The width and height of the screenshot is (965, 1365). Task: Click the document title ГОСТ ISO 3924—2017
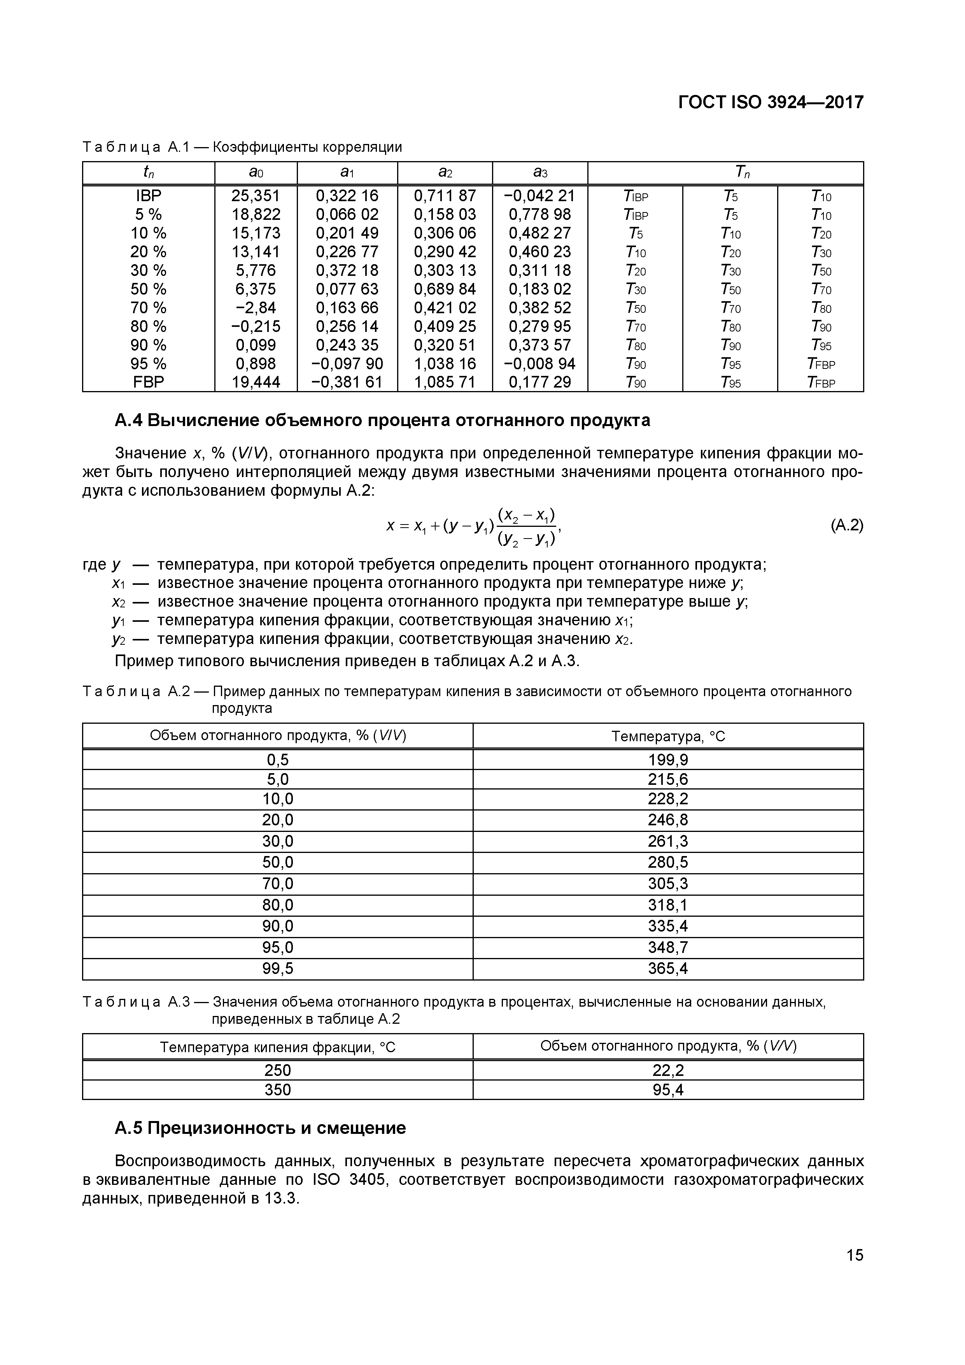(x=771, y=102)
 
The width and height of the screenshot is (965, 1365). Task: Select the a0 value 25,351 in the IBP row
(x=256, y=196)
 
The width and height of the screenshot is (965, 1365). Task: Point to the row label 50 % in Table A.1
(x=148, y=289)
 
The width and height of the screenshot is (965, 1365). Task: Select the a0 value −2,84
(x=256, y=308)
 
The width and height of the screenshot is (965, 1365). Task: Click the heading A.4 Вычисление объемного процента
(x=382, y=420)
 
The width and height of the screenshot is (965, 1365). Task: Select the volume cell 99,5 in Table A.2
(x=277, y=969)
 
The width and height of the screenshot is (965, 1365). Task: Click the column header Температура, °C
(x=668, y=737)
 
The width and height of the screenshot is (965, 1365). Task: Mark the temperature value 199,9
(x=667, y=760)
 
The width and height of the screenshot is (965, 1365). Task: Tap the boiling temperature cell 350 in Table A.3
(x=277, y=1090)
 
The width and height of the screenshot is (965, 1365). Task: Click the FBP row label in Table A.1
(x=148, y=382)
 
